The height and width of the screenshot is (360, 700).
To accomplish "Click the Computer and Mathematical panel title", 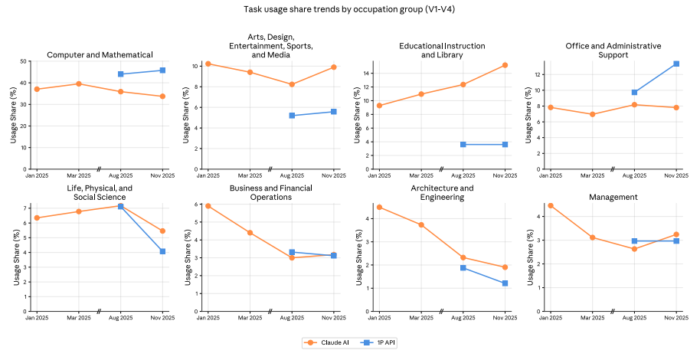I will [x=100, y=54].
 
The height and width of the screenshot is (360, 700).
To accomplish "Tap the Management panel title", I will [x=613, y=197].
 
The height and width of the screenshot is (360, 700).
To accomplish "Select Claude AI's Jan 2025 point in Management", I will [x=551, y=205].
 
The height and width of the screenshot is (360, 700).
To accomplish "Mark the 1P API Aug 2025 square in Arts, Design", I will [x=292, y=116].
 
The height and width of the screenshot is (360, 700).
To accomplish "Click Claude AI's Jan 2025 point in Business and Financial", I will [x=208, y=206].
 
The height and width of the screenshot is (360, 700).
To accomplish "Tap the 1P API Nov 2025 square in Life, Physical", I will [x=162, y=251].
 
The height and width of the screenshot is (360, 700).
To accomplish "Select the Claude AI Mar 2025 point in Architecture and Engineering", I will [x=421, y=225].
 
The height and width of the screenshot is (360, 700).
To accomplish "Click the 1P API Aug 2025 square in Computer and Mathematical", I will [x=121, y=74].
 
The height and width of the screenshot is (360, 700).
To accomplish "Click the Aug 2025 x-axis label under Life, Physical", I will [x=121, y=317].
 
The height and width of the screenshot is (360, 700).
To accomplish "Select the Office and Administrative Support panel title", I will [x=613, y=51].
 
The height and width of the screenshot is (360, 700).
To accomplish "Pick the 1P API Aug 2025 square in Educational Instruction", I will [x=463, y=144].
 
